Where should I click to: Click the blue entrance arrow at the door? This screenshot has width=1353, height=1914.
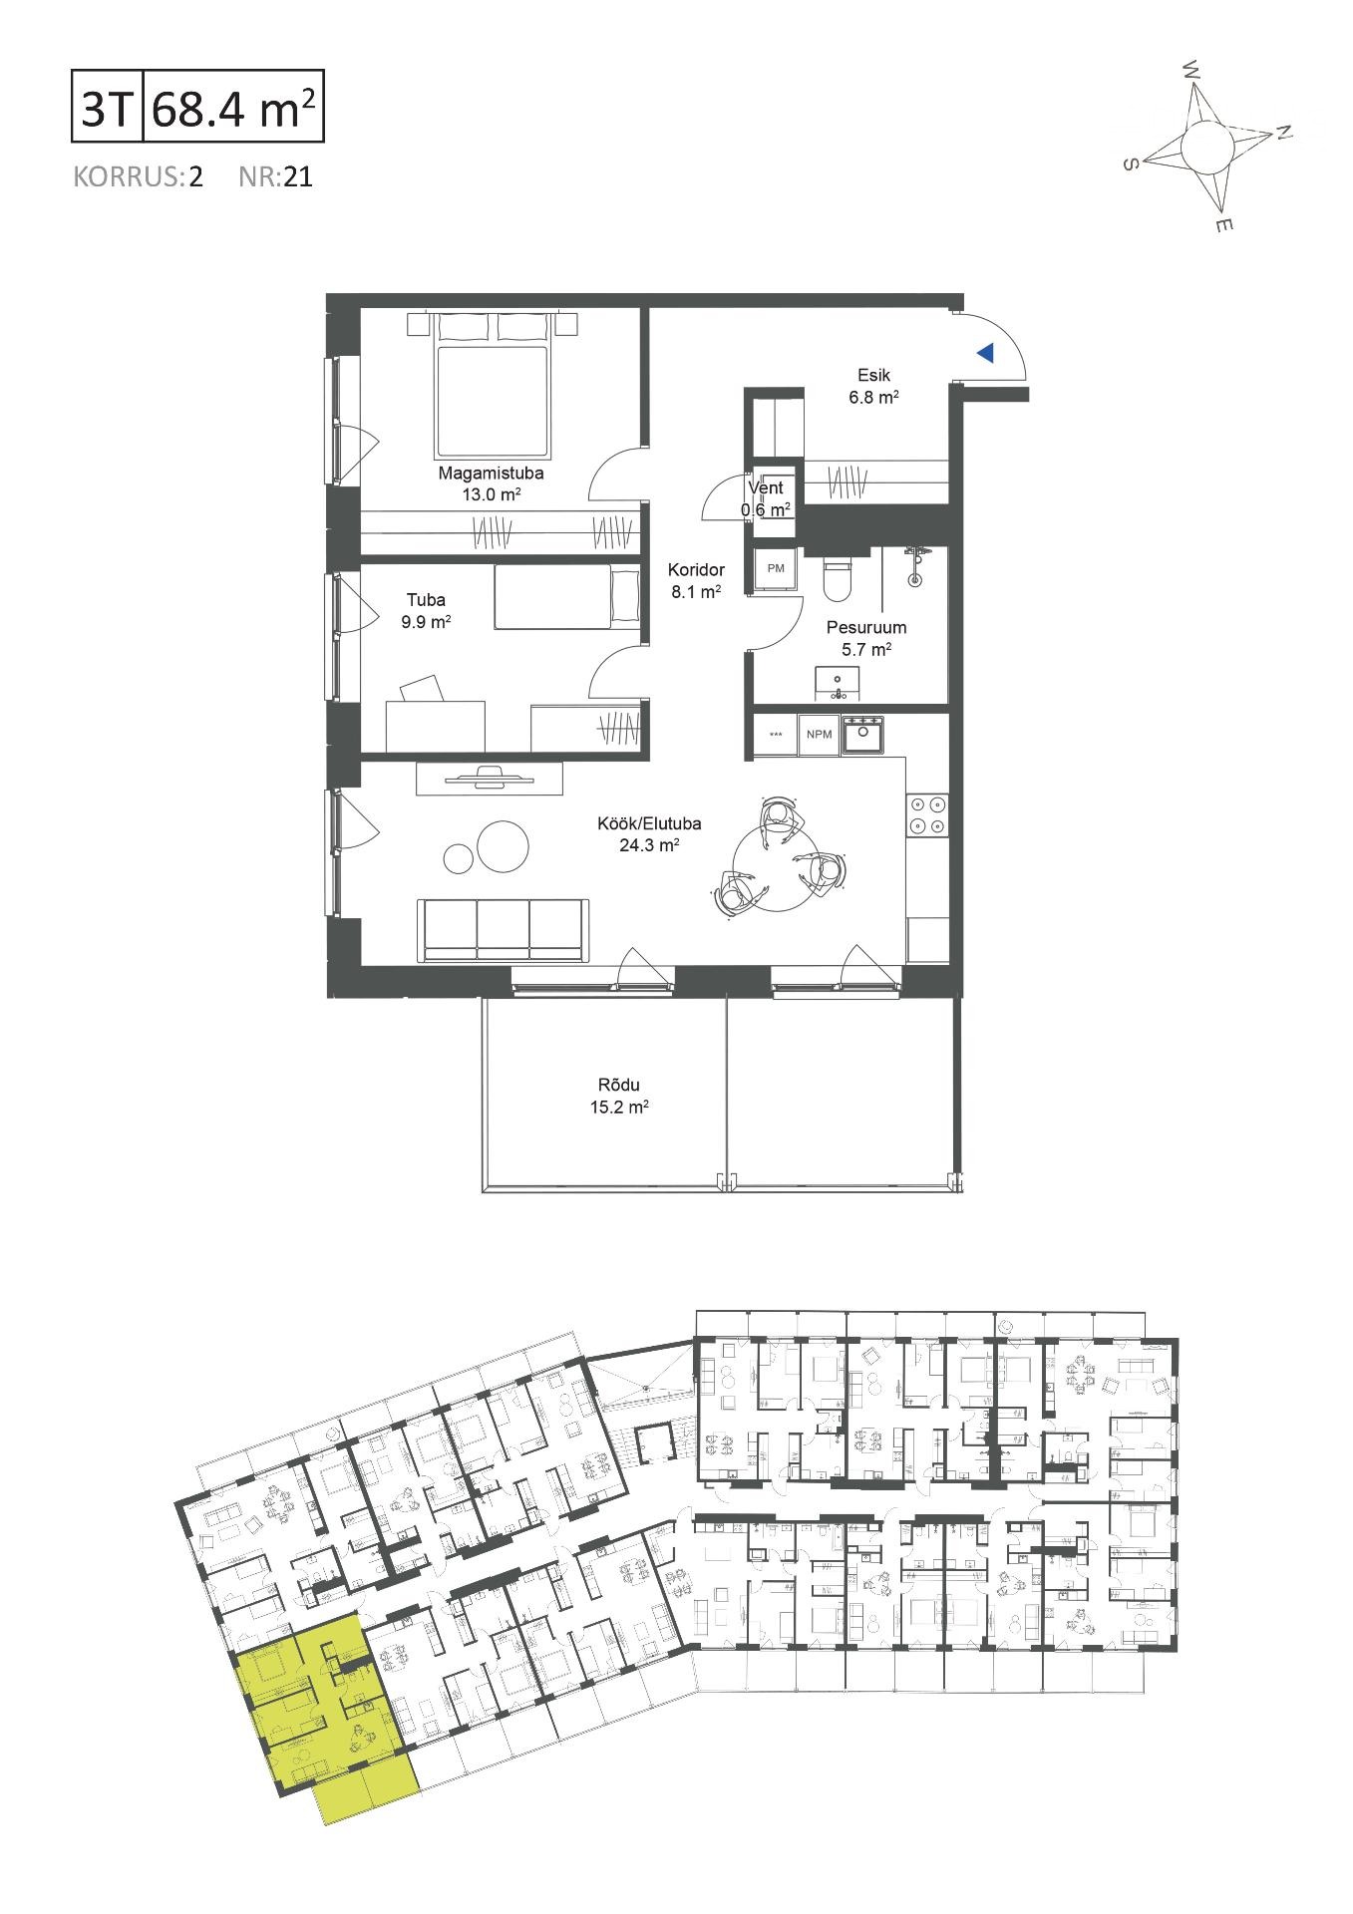click(985, 353)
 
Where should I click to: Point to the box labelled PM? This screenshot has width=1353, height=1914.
click(776, 568)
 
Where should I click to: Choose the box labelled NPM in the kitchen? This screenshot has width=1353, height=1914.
click(819, 735)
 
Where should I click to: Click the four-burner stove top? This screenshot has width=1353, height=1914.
click(927, 814)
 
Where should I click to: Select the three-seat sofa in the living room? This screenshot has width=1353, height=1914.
click(503, 930)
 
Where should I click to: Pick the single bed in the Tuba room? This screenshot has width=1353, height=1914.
click(567, 597)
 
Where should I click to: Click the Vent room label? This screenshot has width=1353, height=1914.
click(766, 488)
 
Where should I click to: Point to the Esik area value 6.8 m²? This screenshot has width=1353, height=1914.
click(874, 396)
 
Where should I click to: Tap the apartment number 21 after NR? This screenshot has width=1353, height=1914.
click(299, 177)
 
